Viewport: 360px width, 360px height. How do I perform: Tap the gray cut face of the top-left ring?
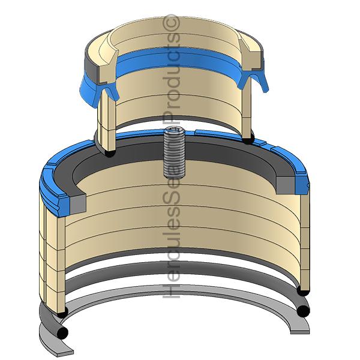[93, 61]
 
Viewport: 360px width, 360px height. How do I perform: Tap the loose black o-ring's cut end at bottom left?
[64, 331]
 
